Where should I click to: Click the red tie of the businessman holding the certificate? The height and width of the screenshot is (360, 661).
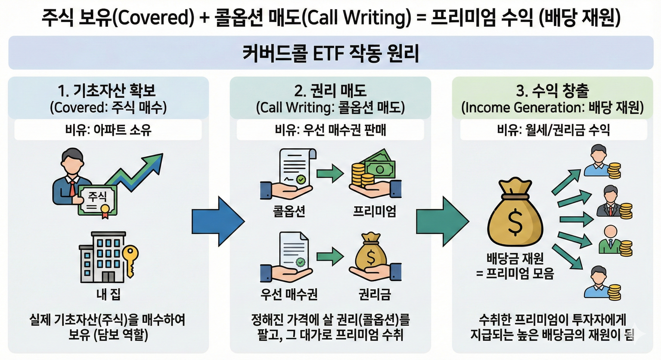point(73,188)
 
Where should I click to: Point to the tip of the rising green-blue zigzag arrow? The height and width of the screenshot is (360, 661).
point(163,154)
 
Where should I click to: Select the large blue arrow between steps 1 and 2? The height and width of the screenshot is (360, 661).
point(218,221)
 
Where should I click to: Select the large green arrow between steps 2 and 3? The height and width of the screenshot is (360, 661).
point(442,221)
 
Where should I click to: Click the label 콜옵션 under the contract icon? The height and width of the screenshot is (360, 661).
point(289,211)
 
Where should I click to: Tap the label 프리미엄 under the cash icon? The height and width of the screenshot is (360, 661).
point(374,211)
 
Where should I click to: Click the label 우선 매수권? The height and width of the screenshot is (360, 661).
point(289,294)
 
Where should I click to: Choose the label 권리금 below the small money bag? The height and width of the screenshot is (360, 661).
point(374,294)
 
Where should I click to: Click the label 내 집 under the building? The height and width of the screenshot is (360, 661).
point(108,294)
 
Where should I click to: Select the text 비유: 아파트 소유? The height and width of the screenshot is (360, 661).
point(108,130)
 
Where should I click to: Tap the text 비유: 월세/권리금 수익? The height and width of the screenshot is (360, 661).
point(553,130)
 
